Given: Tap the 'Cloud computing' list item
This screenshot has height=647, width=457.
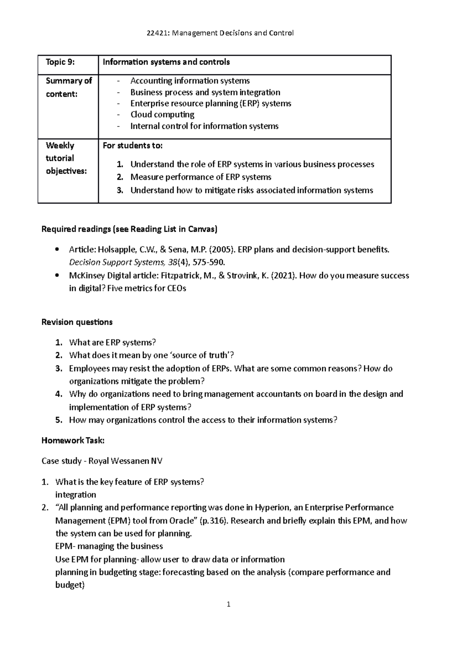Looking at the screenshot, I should (x=162, y=115).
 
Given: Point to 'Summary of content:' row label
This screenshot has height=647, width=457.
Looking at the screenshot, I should (x=69, y=87).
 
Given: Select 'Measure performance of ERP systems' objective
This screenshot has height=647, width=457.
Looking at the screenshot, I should (x=201, y=177).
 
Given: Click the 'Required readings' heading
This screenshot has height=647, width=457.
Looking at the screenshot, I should (x=129, y=229).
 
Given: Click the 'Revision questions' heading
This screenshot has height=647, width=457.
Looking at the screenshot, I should (x=77, y=322).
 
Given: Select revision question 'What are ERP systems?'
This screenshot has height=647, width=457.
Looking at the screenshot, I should (x=113, y=343).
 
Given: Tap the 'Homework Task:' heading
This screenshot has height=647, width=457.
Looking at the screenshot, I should (x=73, y=441).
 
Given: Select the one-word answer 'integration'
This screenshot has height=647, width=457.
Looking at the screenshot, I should (x=75, y=495).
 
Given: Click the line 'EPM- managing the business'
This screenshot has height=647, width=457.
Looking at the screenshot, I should (x=109, y=546).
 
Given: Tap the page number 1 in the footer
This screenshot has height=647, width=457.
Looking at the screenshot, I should (x=228, y=604).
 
